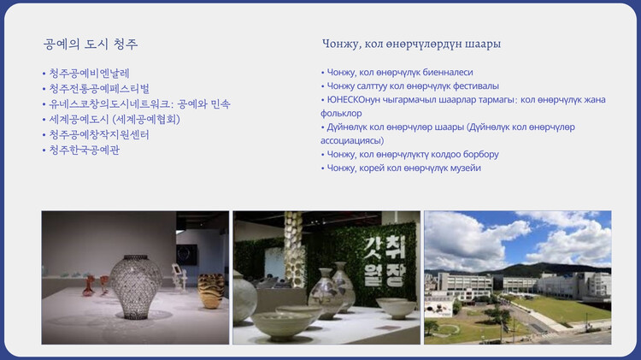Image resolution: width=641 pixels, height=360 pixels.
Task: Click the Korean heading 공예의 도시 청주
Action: click(x=91, y=44)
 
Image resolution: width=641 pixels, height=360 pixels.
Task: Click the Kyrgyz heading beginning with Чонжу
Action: click(x=411, y=44)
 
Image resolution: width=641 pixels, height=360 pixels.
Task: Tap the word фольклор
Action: click(x=341, y=114)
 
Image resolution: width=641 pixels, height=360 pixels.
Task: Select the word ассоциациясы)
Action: click(x=352, y=141)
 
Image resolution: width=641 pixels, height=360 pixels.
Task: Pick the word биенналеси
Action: click(x=448, y=73)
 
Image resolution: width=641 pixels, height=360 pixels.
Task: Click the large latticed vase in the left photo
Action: click(x=136, y=286)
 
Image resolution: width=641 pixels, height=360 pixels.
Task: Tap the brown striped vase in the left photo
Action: click(x=211, y=291)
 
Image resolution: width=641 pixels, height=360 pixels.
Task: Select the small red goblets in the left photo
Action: click(x=96, y=285)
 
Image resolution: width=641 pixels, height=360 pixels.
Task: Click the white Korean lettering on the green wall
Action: click(x=385, y=261)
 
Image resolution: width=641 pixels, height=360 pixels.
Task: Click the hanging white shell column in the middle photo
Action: click(x=293, y=248)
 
